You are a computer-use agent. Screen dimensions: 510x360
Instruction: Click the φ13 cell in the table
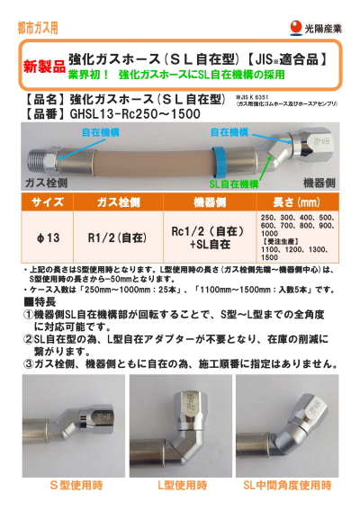(x=47, y=238)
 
